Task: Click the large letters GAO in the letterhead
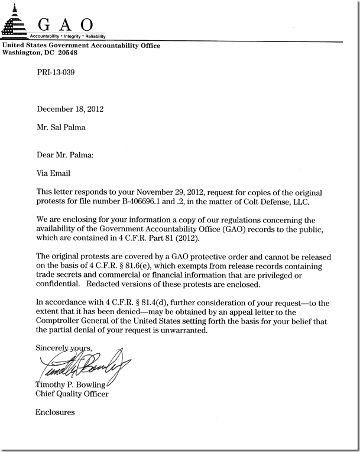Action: [x=64, y=24]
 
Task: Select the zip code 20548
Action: [x=66, y=53]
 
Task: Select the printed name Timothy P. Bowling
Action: [x=73, y=385]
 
